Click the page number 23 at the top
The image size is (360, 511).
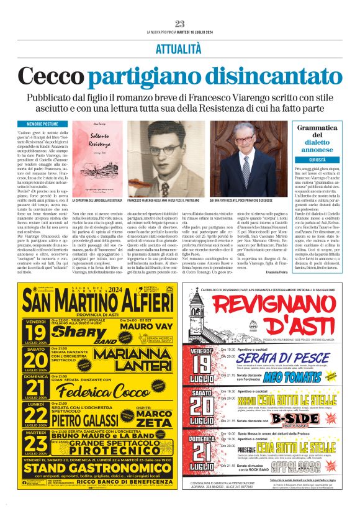click(x=180, y=24)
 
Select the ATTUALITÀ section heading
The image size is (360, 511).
click(x=180, y=48)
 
